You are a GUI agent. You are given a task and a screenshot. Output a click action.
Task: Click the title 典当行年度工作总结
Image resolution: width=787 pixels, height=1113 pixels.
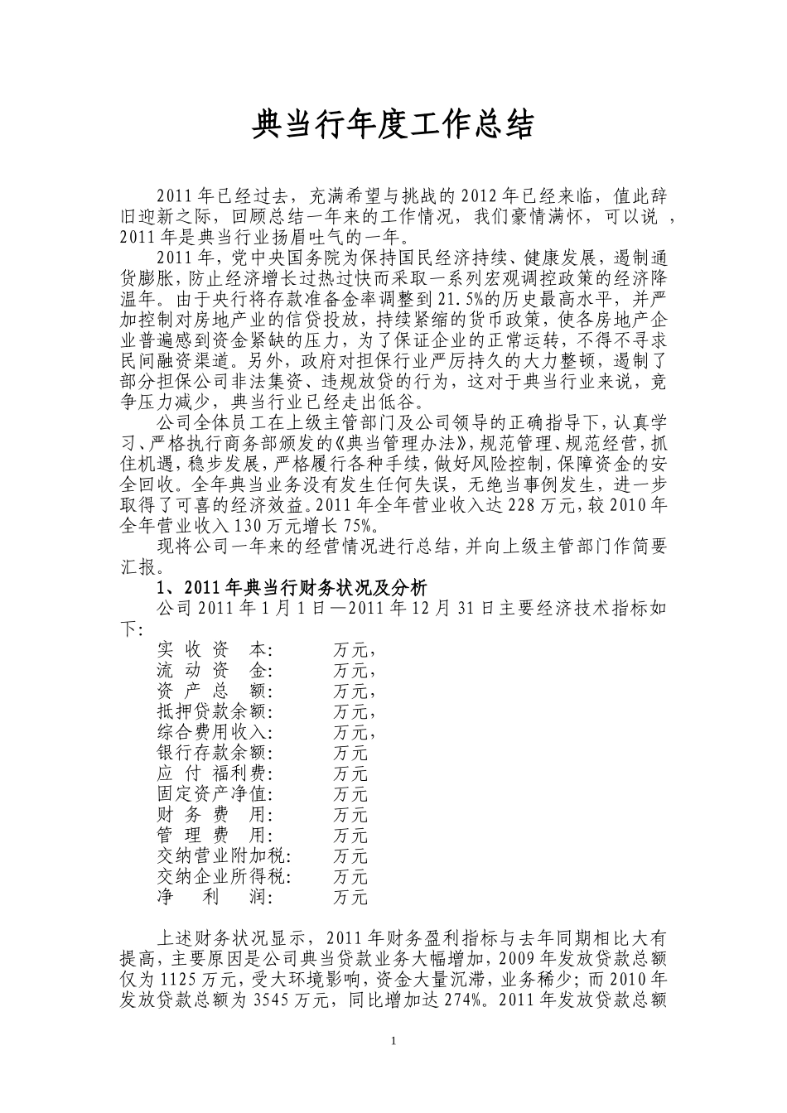(x=393, y=125)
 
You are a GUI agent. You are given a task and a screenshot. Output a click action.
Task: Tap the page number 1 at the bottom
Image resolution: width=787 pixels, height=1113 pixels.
(x=393, y=1040)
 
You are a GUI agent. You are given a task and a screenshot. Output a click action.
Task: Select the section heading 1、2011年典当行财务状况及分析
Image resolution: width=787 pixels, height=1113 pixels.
(x=292, y=588)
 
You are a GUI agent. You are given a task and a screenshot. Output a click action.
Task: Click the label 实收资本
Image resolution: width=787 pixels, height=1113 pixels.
(x=214, y=649)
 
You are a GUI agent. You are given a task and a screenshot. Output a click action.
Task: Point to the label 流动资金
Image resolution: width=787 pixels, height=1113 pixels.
(x=214, y=670)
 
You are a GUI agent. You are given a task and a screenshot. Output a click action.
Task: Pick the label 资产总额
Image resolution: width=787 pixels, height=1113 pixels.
(x=214, y=691)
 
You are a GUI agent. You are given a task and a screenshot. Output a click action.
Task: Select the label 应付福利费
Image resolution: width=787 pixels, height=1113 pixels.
(x=214, y=773)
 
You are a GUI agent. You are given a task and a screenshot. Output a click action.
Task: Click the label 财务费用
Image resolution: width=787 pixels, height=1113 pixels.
(x=214, y=815)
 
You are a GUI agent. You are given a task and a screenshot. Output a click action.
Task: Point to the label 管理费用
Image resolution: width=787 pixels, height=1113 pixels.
(x=214, y=836)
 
